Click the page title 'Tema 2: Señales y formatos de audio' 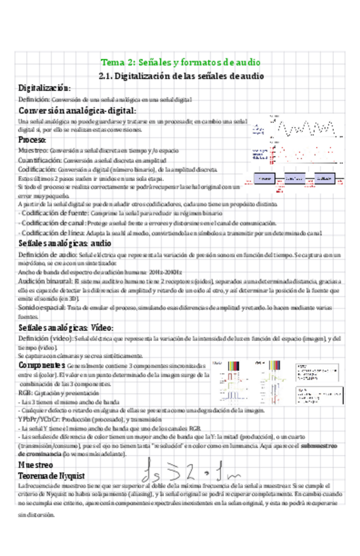[180, 62]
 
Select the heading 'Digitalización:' [44, 88]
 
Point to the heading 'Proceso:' [32, 140]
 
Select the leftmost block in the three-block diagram [265, 178]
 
